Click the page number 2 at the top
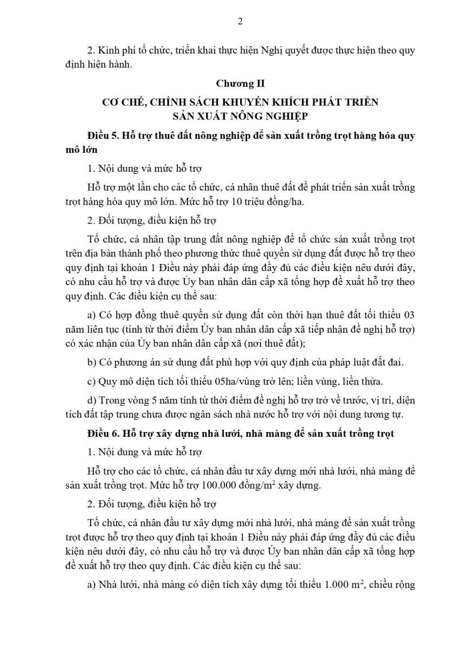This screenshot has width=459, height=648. pos(240,22)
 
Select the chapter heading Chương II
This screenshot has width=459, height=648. pos(240,84)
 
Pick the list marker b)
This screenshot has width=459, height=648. pos(92,362)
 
